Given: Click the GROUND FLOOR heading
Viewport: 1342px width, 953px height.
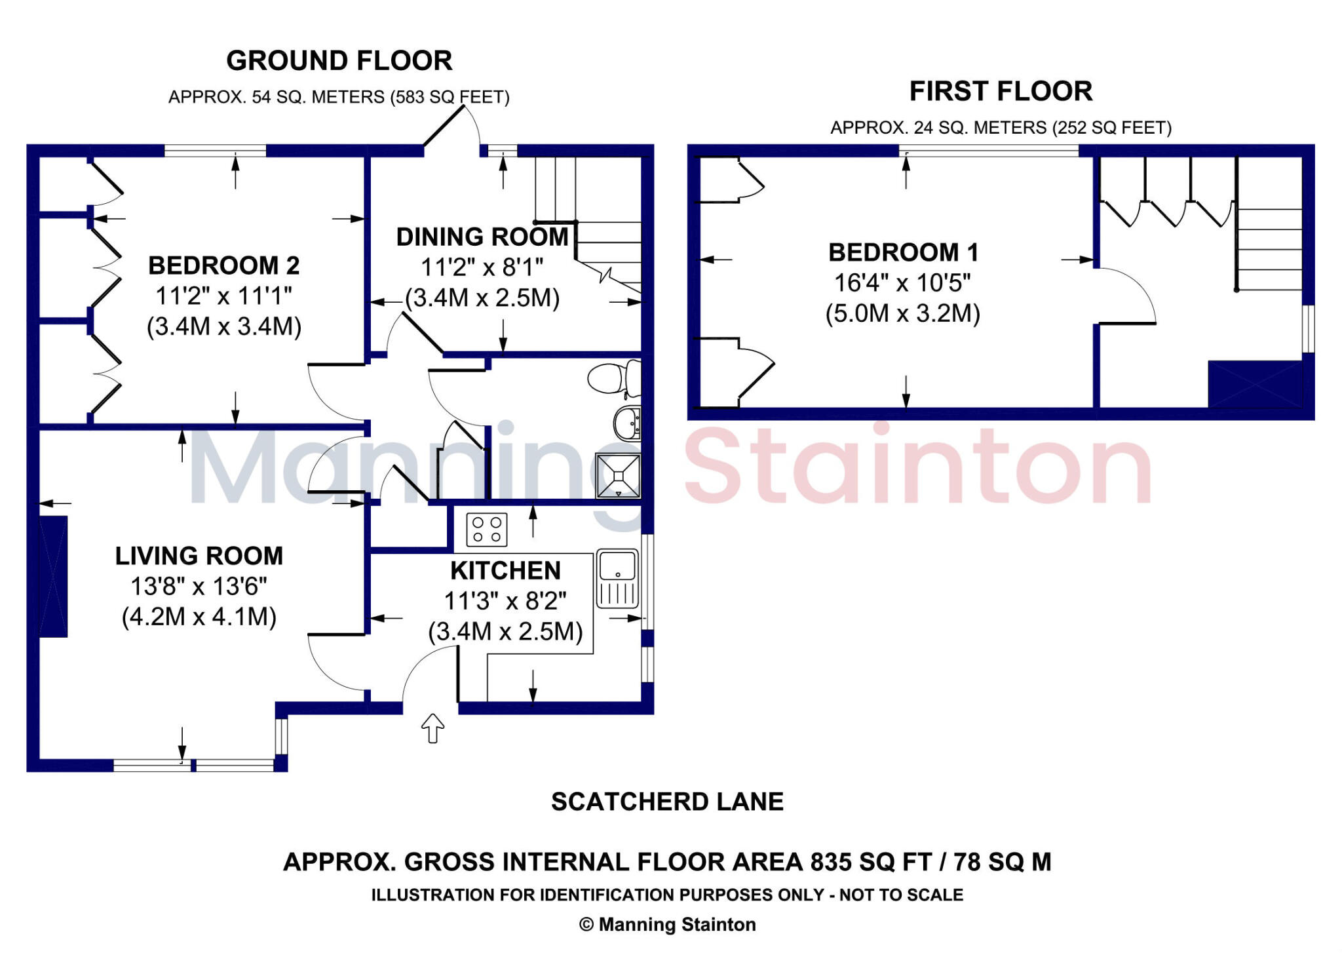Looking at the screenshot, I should [x=339, y=61].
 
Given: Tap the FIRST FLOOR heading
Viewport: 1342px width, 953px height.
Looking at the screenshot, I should [x=1001, y=91].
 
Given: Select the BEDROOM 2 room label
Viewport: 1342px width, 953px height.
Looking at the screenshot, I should [x=223, y=265].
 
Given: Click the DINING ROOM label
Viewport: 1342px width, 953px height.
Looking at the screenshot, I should [x=482, y=237].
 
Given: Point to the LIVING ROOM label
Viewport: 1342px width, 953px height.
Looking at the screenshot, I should [x=199, y=556].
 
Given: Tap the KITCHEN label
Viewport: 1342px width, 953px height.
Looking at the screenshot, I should [x=505, y=571].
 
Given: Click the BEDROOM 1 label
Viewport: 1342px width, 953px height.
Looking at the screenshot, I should [x=903, y=252].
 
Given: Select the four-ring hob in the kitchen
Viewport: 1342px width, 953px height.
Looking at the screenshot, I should [x=487, y=530].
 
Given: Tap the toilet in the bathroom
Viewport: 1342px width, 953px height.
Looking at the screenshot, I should [x=615, y=378].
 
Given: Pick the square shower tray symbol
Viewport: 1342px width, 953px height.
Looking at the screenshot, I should [x=618, y=475].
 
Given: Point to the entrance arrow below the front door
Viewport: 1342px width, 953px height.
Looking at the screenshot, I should [x=432, y=728].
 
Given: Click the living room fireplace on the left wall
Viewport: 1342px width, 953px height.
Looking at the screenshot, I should [x=53, y=576].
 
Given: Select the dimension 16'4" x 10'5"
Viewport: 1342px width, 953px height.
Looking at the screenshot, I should [x=902, y=283].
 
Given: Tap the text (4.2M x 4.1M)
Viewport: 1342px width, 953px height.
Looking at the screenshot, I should [x=199, y=617].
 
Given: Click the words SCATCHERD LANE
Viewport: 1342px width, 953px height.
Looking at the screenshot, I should [x=667, y=802].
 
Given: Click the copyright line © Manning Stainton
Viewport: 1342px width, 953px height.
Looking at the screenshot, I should [x=667, y=924].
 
